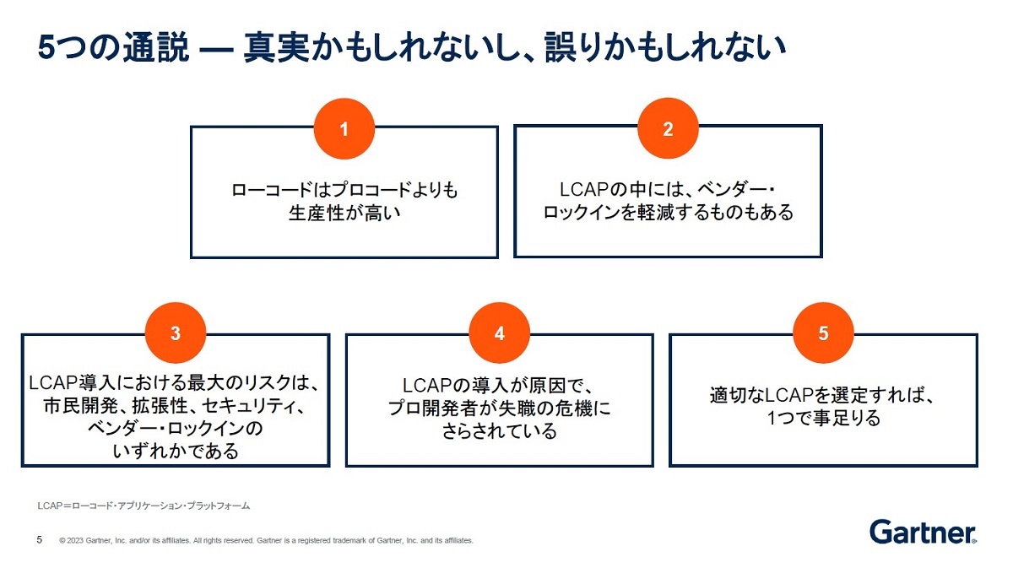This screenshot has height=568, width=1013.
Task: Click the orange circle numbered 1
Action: (x=344, y=129)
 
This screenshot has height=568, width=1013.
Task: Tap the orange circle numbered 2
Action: (x=668, y=128)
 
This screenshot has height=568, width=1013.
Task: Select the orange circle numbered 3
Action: (x=176, y=333)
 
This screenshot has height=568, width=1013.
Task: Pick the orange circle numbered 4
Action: (x=499, y=333)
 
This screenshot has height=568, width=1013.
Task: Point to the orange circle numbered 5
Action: (x=824, y=333)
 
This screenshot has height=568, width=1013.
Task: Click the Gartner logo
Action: (x=923, y=532)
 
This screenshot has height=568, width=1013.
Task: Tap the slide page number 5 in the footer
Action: (x=40, y=539)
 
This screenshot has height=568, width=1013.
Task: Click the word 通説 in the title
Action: (x=156, y=47)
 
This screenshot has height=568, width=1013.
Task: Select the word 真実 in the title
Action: (x=277, y=47)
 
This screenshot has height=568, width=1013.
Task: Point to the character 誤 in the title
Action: (x=561, y=47)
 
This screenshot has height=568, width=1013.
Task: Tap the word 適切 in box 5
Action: (x=728, y=395)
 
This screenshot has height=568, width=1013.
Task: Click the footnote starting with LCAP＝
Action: (x=144, y=506)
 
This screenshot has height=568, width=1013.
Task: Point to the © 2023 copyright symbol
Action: (x=62, y=540)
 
